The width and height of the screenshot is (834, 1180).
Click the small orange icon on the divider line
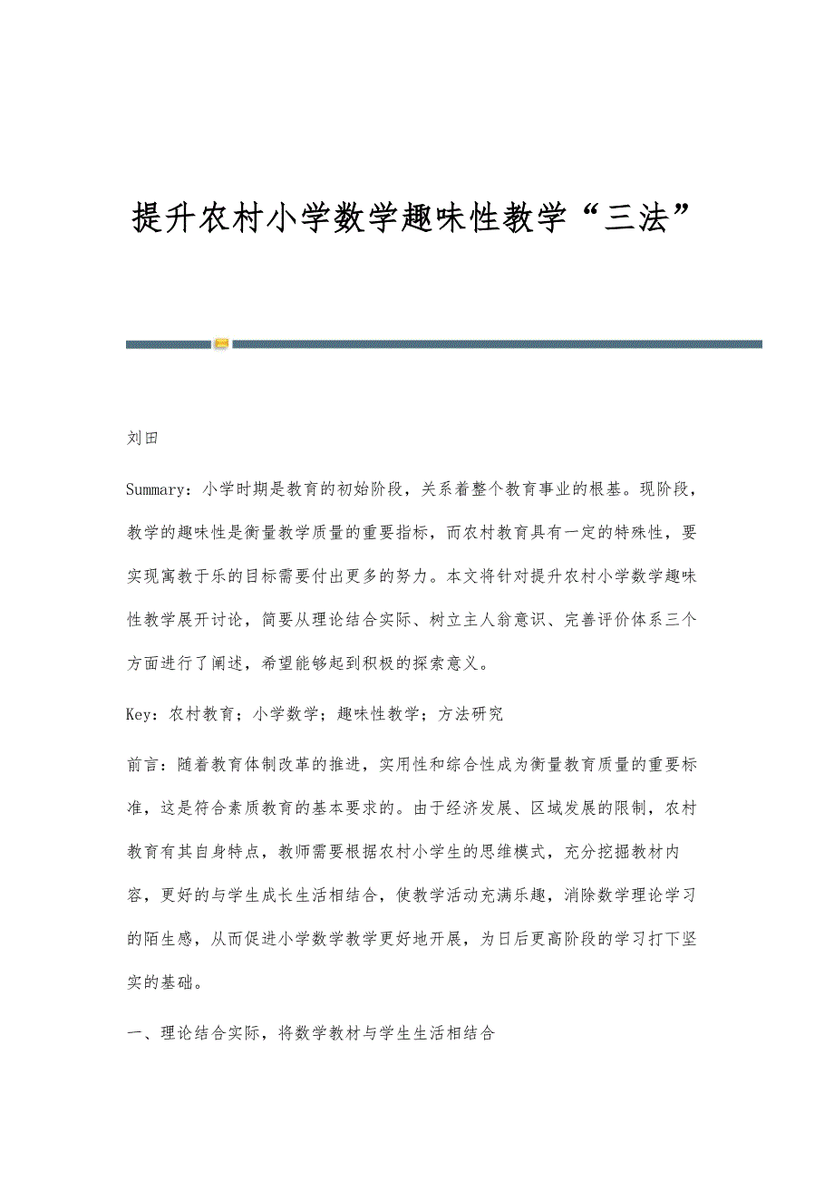(222, 343)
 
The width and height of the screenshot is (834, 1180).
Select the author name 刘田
(143, 438)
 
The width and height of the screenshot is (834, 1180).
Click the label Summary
(156, 489)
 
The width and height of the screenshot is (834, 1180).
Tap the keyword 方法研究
(470, 713)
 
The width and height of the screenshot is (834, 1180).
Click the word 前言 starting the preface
(142, 765)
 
